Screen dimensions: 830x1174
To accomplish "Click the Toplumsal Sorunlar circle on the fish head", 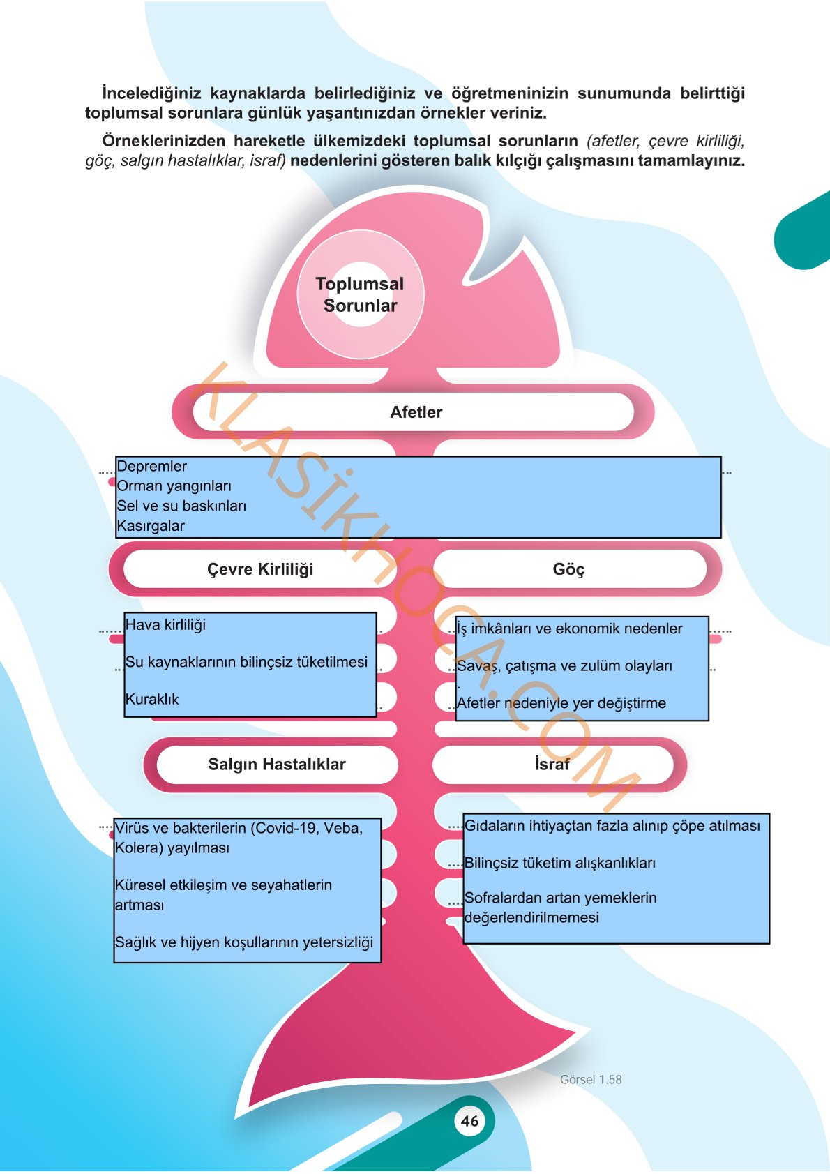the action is (x=361, y=294).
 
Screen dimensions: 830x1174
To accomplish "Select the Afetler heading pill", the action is (x=414, y=412).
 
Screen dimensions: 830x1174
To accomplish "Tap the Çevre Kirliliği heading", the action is (x=260, y=569).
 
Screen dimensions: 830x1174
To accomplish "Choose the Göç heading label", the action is (x=569, y=569).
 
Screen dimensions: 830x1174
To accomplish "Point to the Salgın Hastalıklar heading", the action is (x=277, y=764).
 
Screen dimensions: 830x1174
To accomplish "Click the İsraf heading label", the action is (x=552, y=764).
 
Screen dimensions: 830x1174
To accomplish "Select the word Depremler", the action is (x=151, y=467).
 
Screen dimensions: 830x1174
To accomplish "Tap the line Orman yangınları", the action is (x=174, y=486).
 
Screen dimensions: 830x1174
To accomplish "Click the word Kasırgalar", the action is (x=151, y=526).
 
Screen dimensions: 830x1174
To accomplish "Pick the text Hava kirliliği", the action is (x=165, y=625).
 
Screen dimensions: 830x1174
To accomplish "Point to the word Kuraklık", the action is (x=152, y=699).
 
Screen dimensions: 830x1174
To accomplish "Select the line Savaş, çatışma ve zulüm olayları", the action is (x=564, y=666).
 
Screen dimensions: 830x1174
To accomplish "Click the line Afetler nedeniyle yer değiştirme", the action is (x=561, y=703).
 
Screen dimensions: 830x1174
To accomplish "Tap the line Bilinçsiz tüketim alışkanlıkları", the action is (x=560, y=863).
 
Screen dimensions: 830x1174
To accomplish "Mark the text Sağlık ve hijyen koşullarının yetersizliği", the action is (x=244, y=942).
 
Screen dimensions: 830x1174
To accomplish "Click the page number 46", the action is (x=469, y=1120).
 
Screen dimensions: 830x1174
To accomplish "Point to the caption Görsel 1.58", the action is (x=591, y=1080).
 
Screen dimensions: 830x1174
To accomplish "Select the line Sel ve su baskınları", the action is (x=181, y=506).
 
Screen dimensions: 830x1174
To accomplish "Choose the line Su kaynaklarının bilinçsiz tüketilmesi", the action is (x=246, y=663).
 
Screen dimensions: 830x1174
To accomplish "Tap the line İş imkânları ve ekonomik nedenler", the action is (x=570, y=629).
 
